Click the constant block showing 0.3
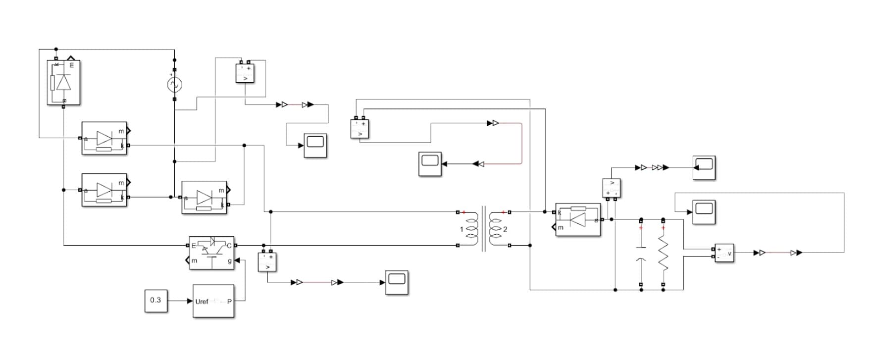click(x=155, y=301)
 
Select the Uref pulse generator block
click(x=213, y=301)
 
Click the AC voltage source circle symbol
click(x=174, y=85)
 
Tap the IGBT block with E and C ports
click(x=211, y=253)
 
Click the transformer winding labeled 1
click(x=471, y=229)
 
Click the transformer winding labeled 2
click(x=496, y=229)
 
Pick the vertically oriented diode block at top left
click(x=63, y=83)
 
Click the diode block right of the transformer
click(x=577, y=219)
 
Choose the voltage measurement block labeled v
click(x=724, y=253)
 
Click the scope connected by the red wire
click(x=430, y=164)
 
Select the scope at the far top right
click(x=704, y=168)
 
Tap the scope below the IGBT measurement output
click(x=397, y=282)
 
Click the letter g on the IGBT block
click(x=230, y=260)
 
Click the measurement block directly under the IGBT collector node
click(x=267, y=262)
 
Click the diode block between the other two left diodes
click(x=104, y=190)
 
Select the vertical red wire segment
click(x=522, y=143)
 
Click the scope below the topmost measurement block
click(x=315, y=145)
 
